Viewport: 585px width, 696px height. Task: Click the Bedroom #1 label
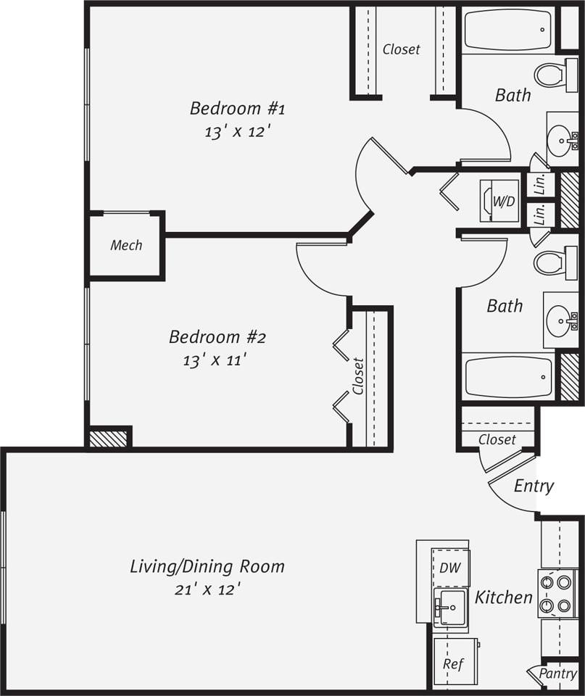tap(237, 109)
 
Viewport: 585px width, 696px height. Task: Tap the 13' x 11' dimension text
tap(217, 360)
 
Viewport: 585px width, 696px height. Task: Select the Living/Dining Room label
tap(207, 565)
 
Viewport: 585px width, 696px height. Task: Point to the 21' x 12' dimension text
tap(207, 589)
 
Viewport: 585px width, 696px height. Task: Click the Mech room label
tap(126, 245)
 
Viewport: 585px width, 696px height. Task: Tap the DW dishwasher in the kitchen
tap(450, 567)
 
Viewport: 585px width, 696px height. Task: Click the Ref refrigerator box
tap(454, 663)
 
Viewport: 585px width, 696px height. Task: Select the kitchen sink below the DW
tap(451, 604)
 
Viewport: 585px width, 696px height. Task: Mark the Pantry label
tap(557, 674)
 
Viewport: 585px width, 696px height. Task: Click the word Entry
tap(534, 486)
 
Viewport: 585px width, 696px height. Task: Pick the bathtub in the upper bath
tap(507, 30)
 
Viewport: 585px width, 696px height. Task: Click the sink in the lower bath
tap(560, 320)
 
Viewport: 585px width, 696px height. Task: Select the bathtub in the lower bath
tap(508, 377)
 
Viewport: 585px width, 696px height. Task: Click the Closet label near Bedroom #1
tap(401, 49)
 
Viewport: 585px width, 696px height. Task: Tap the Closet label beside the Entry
tap(497, 439)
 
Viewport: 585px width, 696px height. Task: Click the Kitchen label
tap(504, 597)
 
